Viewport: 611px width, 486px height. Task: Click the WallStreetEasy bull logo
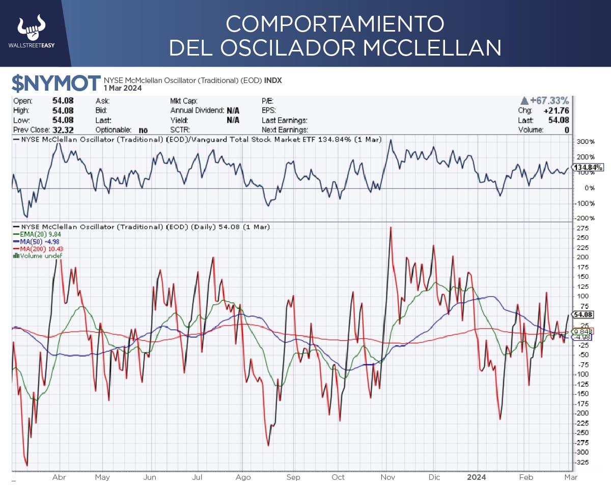click(32, 29)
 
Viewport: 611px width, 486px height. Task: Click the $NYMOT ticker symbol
click(57, 83)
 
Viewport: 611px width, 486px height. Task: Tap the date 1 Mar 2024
click(123, 88)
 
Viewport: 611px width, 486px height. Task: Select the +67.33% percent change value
click(548, 101)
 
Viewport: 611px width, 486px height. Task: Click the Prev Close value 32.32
click(63, 130)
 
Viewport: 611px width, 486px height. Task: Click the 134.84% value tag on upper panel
click(589, 168)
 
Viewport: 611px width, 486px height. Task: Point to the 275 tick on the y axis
click(581, 228)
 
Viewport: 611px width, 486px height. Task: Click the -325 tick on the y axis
click(582, 462)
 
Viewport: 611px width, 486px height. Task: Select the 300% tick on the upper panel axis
click(585, 141)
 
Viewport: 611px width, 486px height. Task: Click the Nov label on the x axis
click(388, 477)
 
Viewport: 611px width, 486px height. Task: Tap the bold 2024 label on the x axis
click(477, 477)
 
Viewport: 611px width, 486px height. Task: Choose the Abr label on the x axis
click(60, 477)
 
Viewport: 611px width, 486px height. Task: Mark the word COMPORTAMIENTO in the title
click(335, 23)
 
